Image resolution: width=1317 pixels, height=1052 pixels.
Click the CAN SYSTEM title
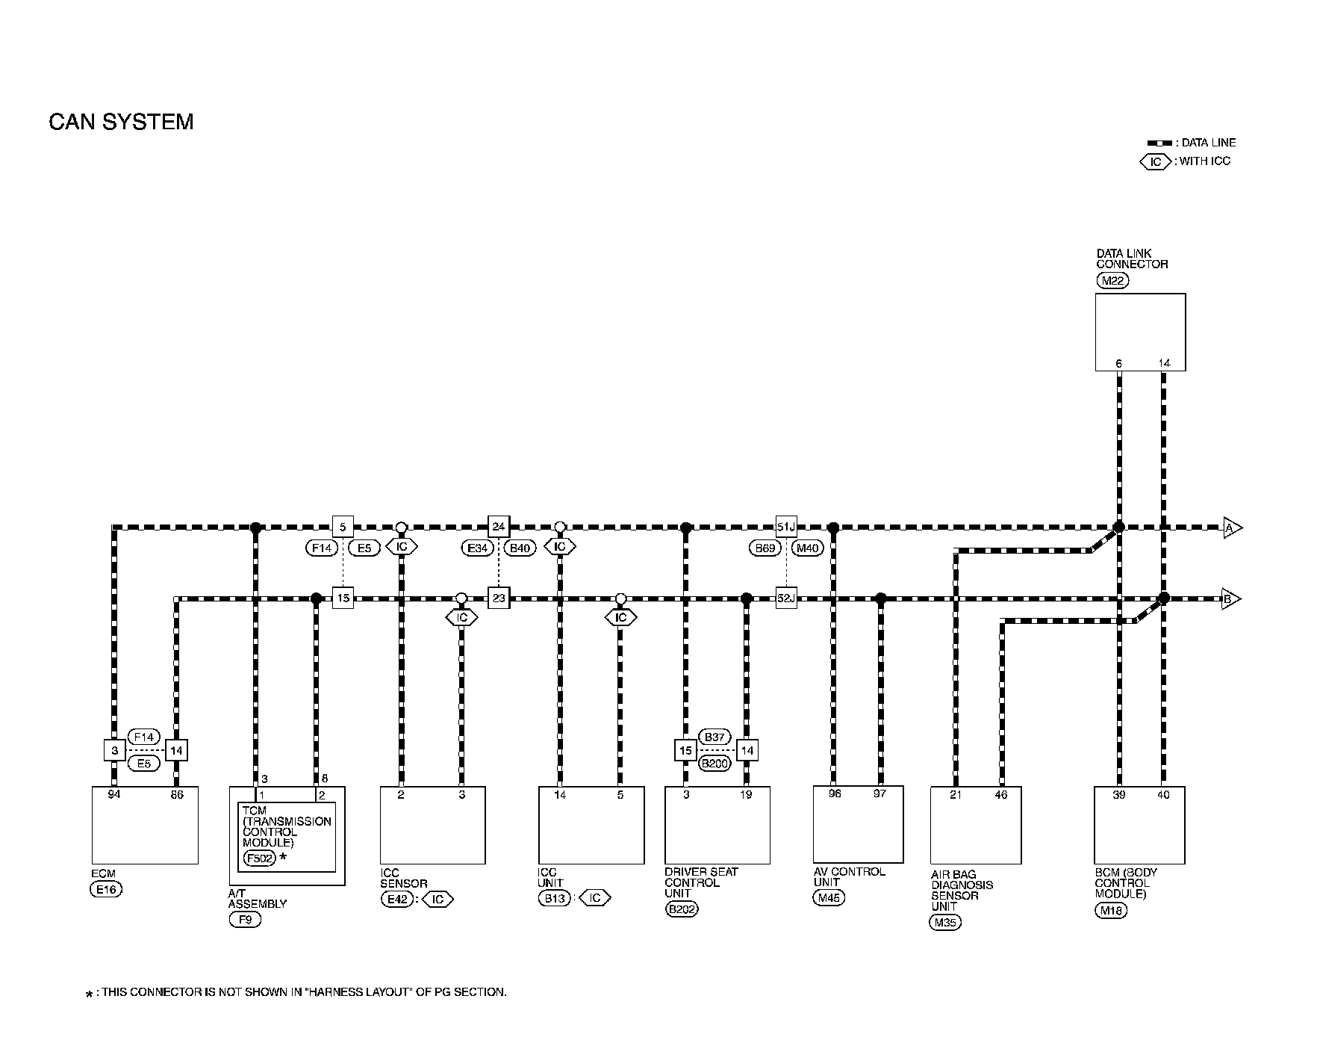point(121,122)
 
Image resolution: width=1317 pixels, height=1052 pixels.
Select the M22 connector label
point(1112,281)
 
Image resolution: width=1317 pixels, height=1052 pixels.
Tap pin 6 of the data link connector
point(1118,363)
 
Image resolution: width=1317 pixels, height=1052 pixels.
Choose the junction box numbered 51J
point(786,527)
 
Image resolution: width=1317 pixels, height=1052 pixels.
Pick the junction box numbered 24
point(498,527)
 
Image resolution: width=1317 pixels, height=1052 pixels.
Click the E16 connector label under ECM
point(106,889)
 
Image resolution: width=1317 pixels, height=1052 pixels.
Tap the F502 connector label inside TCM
point(259,858)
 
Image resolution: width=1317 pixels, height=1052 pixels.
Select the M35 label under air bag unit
point(945,922)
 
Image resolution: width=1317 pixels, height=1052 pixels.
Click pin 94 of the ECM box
point(113,794)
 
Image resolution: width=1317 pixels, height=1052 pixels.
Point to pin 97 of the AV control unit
point(879,793)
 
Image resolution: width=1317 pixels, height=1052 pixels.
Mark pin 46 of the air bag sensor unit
point(1000,794)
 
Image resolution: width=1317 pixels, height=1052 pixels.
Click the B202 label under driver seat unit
point(681,909)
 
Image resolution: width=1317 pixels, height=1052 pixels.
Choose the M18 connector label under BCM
point(1111,910)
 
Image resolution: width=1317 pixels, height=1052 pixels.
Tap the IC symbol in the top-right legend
point(1155,161)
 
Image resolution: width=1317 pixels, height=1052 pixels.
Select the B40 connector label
point(520,548)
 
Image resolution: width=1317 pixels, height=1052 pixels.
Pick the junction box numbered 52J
point(786,598)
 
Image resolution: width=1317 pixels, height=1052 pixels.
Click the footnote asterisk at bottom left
point(90,994)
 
